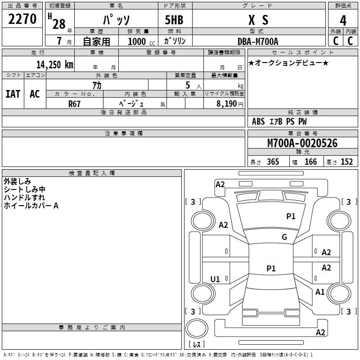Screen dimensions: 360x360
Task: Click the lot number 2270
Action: point(22,18)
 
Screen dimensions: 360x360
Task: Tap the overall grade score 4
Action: point(343,21)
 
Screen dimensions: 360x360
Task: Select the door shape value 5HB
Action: point(174,20)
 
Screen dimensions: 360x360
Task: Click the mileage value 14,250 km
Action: point(54,64)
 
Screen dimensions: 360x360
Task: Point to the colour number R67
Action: point(74,104)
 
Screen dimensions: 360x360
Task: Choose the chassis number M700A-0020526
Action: point(302,143)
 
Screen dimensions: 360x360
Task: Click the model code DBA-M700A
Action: point(258,41)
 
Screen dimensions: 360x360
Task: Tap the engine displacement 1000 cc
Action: point(141,41)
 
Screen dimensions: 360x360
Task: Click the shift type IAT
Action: point(13,94)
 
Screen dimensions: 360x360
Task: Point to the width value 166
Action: point(310,162)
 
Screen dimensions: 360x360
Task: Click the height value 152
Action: point(346,162)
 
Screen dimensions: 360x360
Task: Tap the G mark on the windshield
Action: point(284,237)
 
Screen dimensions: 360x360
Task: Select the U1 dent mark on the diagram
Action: point(215,279)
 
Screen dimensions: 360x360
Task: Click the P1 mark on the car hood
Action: point(291,216)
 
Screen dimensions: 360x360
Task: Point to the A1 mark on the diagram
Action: point(320,292)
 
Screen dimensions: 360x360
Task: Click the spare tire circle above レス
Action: point(197,328)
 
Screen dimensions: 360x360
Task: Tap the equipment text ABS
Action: point(258,121)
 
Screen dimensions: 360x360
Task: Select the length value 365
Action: point(273,162)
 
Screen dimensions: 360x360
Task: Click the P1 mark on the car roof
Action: point(271,268)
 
